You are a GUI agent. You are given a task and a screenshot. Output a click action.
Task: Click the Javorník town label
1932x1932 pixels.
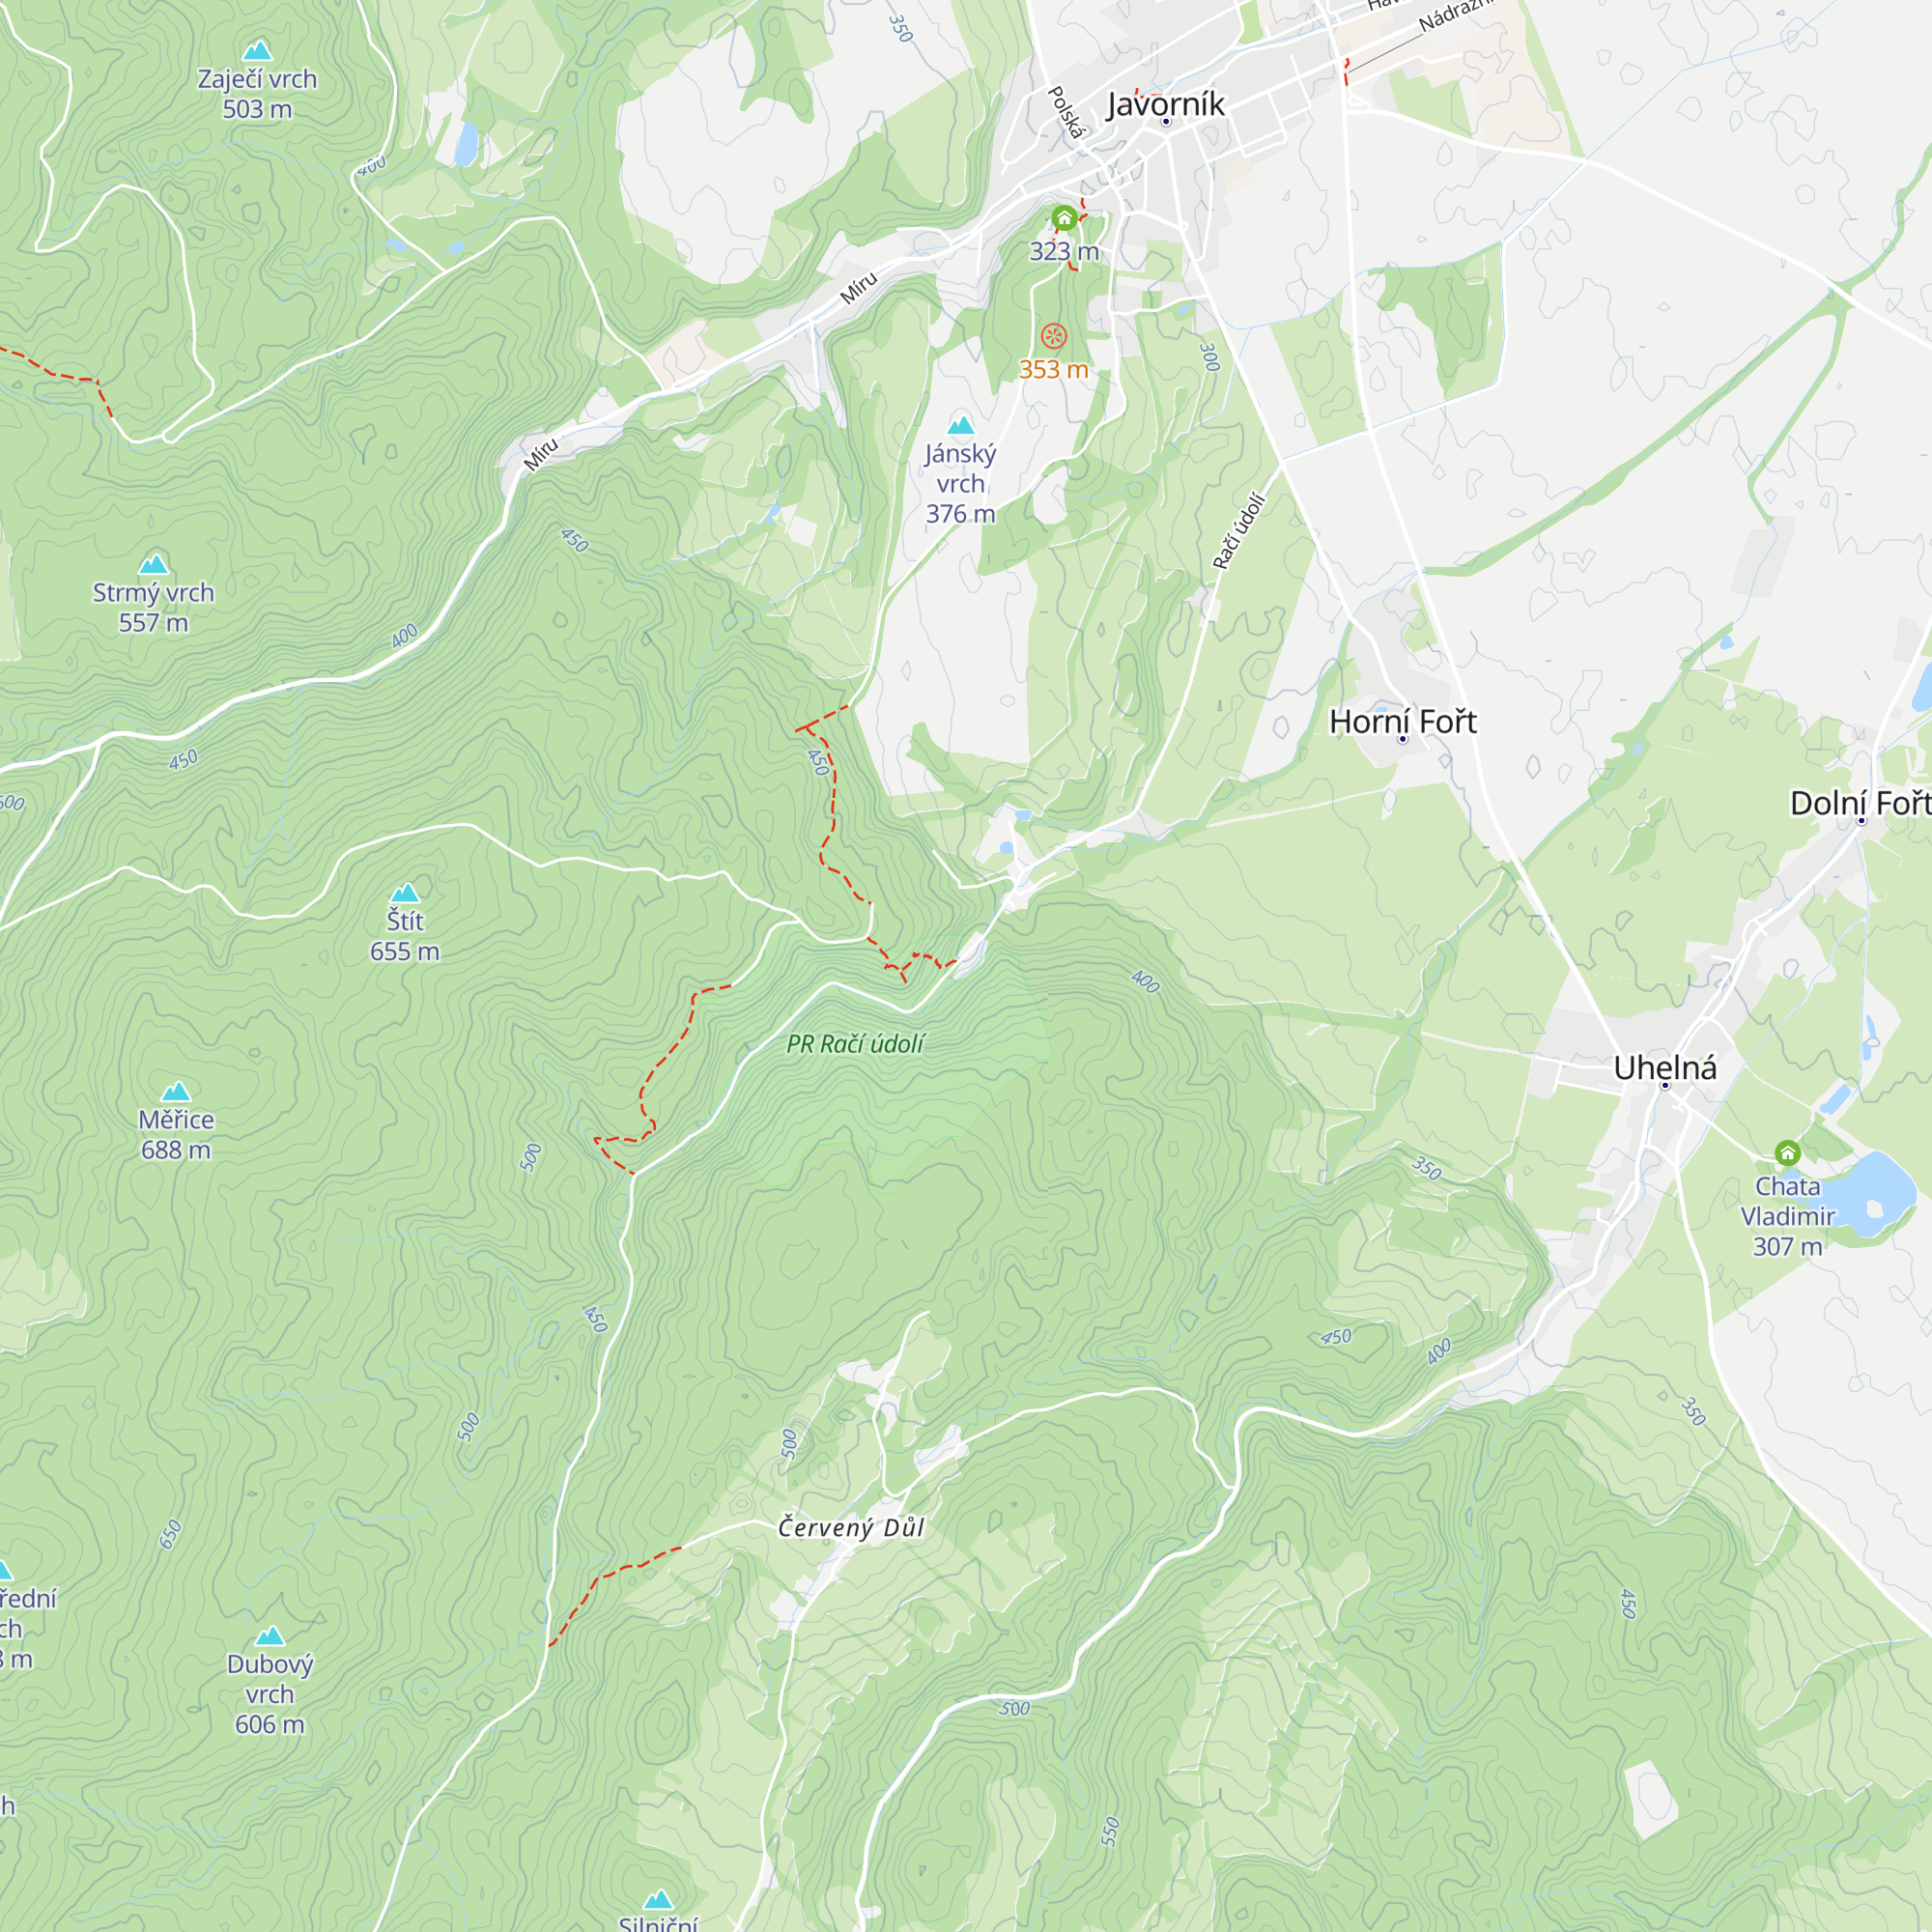[x=1165, y=104]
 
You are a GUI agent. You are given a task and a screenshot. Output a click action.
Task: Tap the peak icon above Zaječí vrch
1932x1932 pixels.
[x=257, y=51]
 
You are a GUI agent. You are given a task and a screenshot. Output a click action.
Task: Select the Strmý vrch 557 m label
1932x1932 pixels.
[x=153, y=607]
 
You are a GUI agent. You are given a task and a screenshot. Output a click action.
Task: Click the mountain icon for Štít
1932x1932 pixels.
[x=404, y=893]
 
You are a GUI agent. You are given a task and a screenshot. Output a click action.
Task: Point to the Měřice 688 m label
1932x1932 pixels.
[x=176, y=1134]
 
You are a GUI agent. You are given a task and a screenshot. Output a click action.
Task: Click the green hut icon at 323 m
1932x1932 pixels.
[x=1064, y=217]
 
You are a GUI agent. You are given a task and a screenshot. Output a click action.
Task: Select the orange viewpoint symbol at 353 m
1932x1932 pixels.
[x=1053, y=336]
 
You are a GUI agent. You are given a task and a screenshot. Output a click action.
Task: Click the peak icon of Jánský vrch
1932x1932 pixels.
[x=960, y=426]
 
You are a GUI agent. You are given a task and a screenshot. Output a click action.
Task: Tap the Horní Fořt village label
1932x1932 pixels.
[x=1402, y=722]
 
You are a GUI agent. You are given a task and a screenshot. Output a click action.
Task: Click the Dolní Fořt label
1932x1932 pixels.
[x=1858, y=803]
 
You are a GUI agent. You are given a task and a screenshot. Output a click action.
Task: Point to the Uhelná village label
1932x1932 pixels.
[x=1664, y=1068]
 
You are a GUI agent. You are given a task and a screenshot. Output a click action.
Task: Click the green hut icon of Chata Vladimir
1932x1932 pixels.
[x=1787, y=1153]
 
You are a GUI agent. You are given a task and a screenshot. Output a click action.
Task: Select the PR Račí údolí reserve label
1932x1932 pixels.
[x=855, y=1044]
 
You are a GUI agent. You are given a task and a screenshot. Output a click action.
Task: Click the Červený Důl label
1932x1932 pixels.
[x=851, y=1527]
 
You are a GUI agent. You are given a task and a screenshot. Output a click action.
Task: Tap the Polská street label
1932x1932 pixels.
[x=1066, y=112]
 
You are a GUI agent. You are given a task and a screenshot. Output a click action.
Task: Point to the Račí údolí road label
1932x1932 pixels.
[x=1239, y=531]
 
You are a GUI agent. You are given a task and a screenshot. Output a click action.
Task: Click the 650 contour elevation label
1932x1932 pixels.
[x=171, y=1533]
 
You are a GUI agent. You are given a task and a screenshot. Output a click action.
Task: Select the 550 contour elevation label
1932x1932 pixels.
[x=1110, y=1831]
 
